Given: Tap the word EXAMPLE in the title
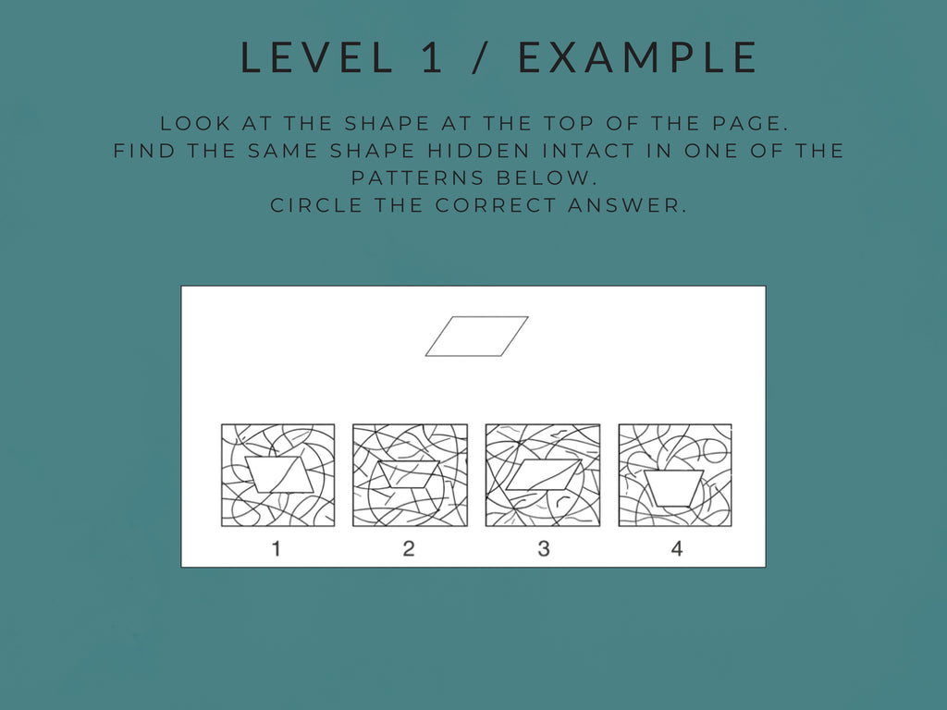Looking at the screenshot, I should [x=638, y=57].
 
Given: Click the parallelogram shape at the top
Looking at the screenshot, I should [x=476, y=337].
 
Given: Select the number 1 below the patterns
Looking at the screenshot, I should [x=277, y=548].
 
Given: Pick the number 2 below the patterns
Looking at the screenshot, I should [x=409, y=548].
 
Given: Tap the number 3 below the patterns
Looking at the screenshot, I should [x=543, y=548].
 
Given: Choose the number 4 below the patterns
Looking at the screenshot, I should [x=676, y=548].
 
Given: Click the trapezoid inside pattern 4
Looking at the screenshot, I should [x=674, y=487].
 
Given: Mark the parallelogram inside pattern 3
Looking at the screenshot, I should [x=544, y=474].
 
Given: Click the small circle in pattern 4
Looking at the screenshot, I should [x=716, y=450].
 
